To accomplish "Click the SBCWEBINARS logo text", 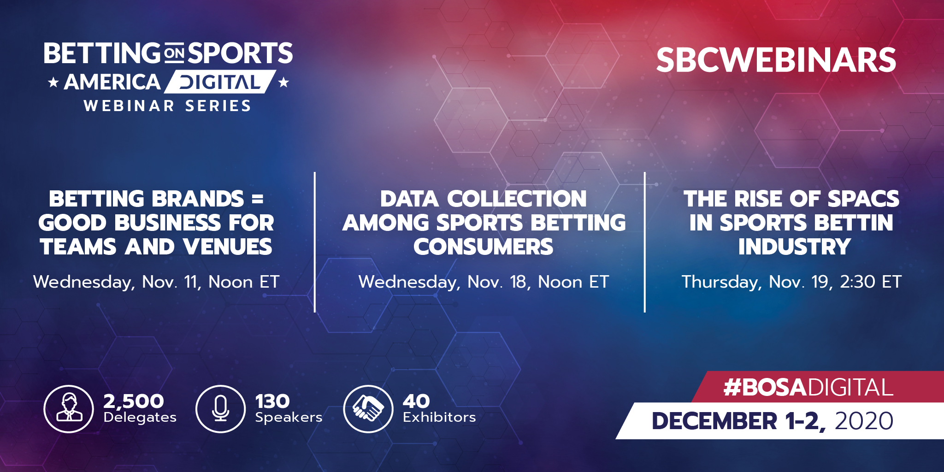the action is tap(776, 60).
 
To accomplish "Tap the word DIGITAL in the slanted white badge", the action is tap(220, 83).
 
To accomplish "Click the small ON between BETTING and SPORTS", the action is tap(174, 53).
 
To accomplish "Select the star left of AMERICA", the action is tap(53, 83).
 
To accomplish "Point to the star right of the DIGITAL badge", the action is tap(283, 83).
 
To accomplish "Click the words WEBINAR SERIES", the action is tap(168, 106).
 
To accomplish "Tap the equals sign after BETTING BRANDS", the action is tap(258, 200).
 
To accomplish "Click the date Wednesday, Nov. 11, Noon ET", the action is tap(156, 282).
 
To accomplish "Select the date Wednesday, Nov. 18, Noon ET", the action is tap(484, 282).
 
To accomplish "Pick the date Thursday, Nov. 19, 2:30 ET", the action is tap(791, 282).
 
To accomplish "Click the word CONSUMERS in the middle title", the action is tap(483, 247).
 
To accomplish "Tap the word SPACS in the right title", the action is tap(863, 199).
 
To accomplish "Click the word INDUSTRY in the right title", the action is tap(795, 247).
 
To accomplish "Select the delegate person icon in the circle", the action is tap(69, 408).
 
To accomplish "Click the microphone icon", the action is tap(220, 408).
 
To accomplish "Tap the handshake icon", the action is tap(368, 408).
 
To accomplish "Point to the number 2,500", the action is tap(134, 401).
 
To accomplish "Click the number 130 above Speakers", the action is tap(272, 401).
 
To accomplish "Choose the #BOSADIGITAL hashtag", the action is tap(808, 387).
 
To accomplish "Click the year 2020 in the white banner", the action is tap(864, 421).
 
